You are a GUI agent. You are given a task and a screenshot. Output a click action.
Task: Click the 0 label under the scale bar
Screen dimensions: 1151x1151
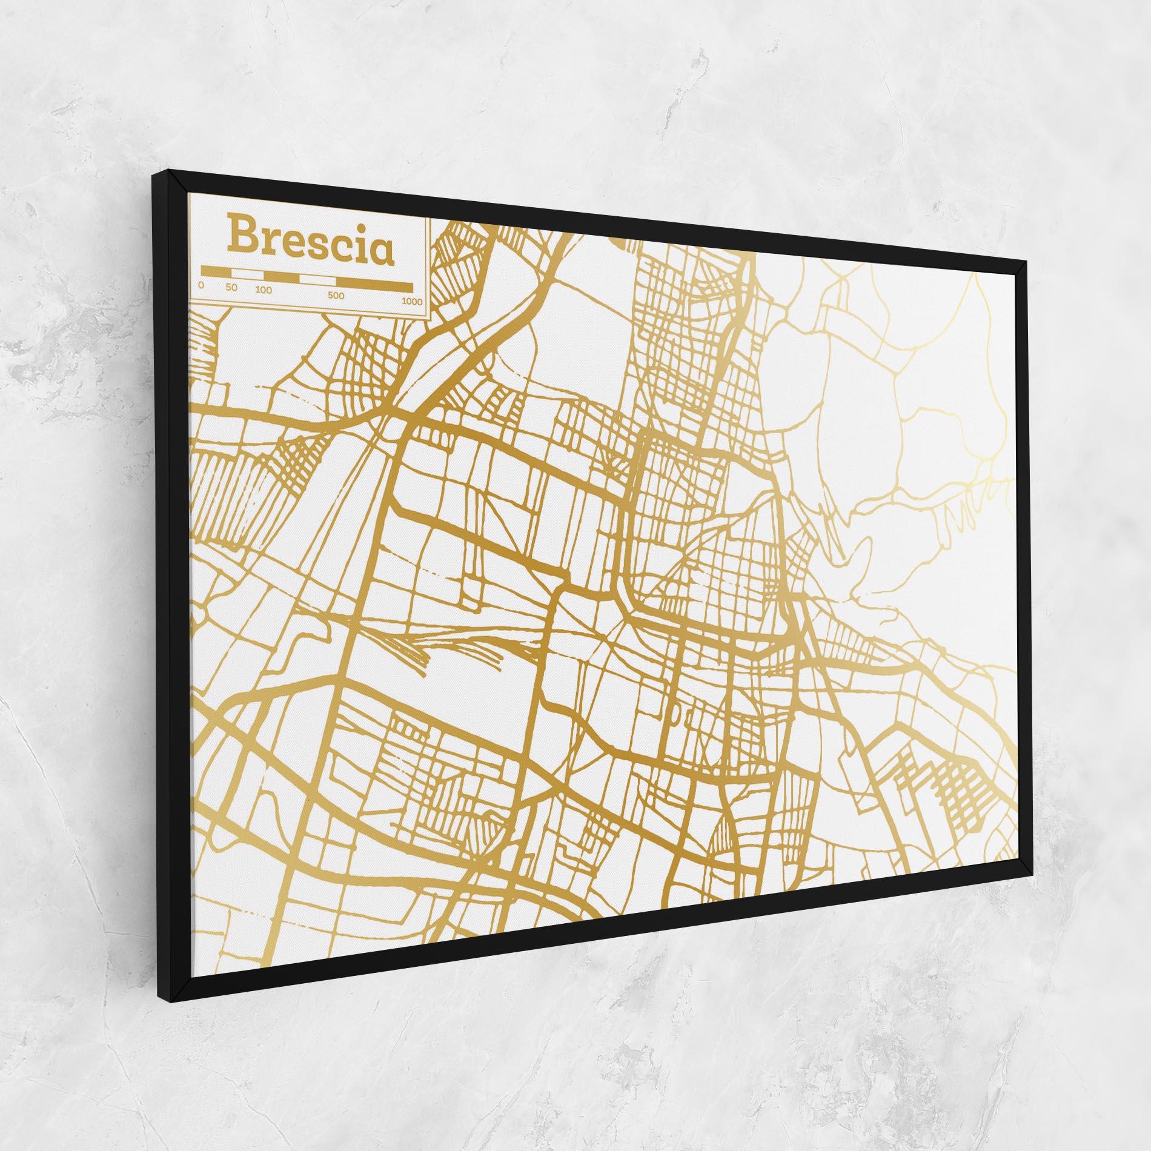click(201, 285)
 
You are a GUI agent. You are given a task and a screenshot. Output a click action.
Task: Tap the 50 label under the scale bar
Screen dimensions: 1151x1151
click(231, 287)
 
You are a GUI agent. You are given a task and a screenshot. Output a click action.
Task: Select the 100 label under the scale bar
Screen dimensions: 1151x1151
click(264, 290)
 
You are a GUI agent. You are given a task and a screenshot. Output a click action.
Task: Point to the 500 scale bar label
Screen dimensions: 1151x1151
click(336, 296)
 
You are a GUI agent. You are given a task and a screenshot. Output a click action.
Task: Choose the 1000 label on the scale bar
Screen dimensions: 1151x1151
click(413, 301)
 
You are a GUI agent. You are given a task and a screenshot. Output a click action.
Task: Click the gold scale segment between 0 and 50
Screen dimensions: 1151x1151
click(216, 271)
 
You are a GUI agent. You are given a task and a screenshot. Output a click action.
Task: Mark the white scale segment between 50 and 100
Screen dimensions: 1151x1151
click(247, 273)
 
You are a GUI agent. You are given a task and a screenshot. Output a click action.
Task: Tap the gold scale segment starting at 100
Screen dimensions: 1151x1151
click(282, 277)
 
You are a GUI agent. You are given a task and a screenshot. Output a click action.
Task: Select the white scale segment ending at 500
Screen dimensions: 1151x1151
click(317, 280)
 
